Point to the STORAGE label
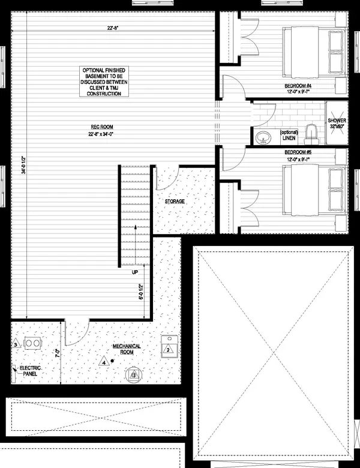pyautogui.click(x=175, y=202)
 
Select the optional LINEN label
pyautogui.click(x=289, y=136)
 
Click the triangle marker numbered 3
pyautogui.click(x=15, y=345)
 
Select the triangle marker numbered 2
pyautogui.click(x=169, y=349)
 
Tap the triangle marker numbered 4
pyautogui.click(x=104, y=362)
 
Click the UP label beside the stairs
pyautogui.click(x=135, y=272)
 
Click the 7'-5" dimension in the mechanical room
pyautogui.click(x=57, y=353)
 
